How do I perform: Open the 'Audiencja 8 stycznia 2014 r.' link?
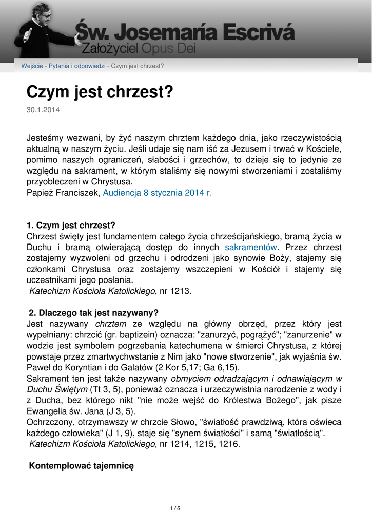(158, 193)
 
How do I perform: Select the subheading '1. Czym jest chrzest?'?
(71, 225)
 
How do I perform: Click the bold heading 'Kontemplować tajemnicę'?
(81, 466)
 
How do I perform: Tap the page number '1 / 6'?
(175, 508)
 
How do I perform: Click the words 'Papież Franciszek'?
(64, 193)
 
